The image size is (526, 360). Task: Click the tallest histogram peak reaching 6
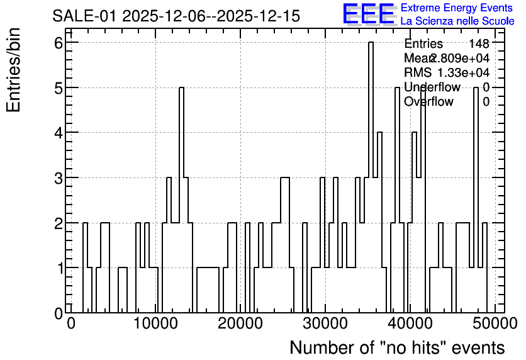point(371,43)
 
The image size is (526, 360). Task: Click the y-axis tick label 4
point(59,133)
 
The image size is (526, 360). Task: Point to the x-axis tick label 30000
point(325,323)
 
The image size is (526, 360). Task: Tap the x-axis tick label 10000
point(155,323)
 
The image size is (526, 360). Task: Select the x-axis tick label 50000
point(495,323)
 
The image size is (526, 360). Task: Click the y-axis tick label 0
point(59,313)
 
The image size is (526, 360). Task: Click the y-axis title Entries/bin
point(13,70)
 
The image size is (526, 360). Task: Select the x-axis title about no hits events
point(397,347)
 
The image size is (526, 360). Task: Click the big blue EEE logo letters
point(369,14)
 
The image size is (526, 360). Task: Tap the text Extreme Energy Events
point(457,8)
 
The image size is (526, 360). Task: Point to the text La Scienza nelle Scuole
point(457,21)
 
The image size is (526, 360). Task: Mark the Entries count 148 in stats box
point(479,43)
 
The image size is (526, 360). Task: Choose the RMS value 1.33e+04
point(464,72)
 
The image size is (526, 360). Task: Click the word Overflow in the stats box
point(428,101)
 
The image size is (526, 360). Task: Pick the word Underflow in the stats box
point(432,87)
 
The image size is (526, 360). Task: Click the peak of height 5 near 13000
point(181,88)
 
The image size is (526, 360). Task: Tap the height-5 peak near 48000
point(476,88)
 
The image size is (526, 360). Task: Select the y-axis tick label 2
point(59,223)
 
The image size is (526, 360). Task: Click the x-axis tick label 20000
point(240,323)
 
